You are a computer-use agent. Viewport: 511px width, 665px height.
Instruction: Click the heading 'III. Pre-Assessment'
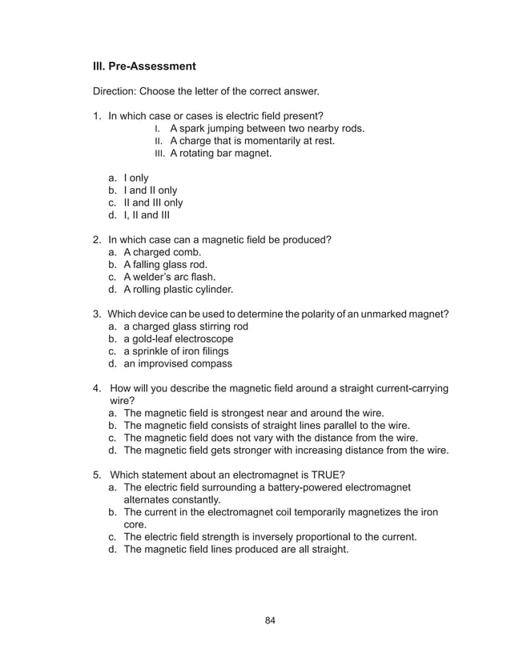(145, 66)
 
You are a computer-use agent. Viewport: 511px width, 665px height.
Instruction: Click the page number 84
(270, 621)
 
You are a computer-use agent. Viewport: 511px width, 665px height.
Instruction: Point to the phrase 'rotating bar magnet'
(226, 154)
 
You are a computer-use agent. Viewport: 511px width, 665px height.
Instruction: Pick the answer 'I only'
(136, 178)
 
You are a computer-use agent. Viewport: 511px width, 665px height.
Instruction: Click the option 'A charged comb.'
(157, 252)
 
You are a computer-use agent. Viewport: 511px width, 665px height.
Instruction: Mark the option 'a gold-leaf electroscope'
(178, 339)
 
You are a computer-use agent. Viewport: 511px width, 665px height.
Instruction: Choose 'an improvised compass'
(177, 363)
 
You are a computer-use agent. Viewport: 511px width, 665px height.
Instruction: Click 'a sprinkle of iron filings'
(175, 351)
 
